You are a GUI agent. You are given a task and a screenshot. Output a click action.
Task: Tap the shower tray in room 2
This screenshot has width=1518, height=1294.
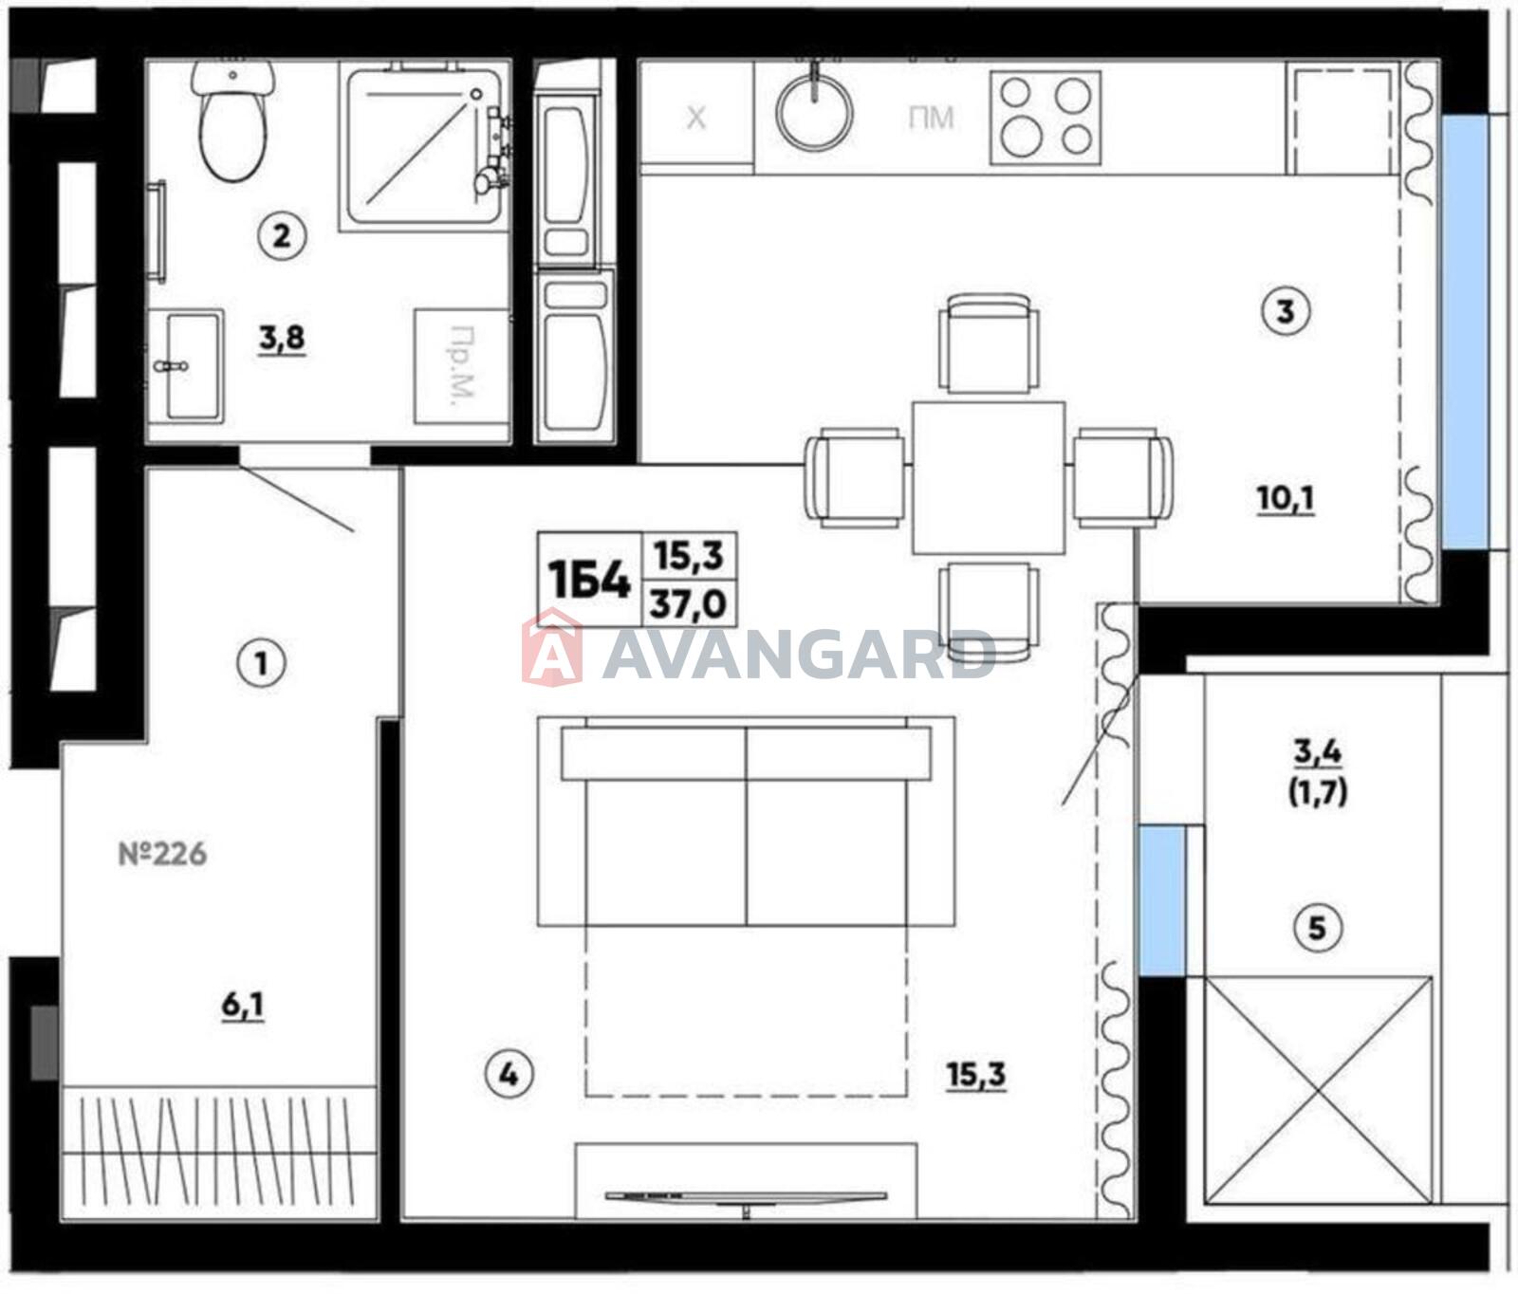tap(423, 147)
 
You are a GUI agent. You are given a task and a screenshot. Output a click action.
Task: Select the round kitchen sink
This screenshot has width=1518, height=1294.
tap(814, 112)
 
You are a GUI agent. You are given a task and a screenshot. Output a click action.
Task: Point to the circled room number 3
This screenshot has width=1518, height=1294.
tap(1286, 311)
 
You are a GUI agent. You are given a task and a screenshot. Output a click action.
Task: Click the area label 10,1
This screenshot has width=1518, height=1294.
tap(1286, 498)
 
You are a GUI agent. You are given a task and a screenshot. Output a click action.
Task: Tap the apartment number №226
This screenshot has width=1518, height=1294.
tap(162, 854)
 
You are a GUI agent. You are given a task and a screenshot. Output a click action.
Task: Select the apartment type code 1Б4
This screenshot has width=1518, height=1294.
tap(589, 580)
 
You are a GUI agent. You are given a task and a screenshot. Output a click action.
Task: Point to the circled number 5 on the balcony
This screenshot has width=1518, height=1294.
tap(1317, 927)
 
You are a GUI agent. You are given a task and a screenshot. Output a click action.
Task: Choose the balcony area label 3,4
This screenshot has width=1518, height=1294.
tap(1318, 752)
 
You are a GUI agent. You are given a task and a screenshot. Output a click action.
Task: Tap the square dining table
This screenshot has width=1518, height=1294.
tap(989, 477)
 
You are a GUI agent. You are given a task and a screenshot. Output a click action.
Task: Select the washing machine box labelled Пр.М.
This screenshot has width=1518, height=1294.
tap(461, 365)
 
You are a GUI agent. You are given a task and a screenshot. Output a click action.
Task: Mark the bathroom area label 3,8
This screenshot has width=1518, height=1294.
tap(282, 338)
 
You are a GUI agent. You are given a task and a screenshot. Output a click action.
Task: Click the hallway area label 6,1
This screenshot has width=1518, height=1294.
tap(243, 1005)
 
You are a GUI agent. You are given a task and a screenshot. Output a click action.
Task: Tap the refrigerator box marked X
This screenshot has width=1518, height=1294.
tap(696, 118)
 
